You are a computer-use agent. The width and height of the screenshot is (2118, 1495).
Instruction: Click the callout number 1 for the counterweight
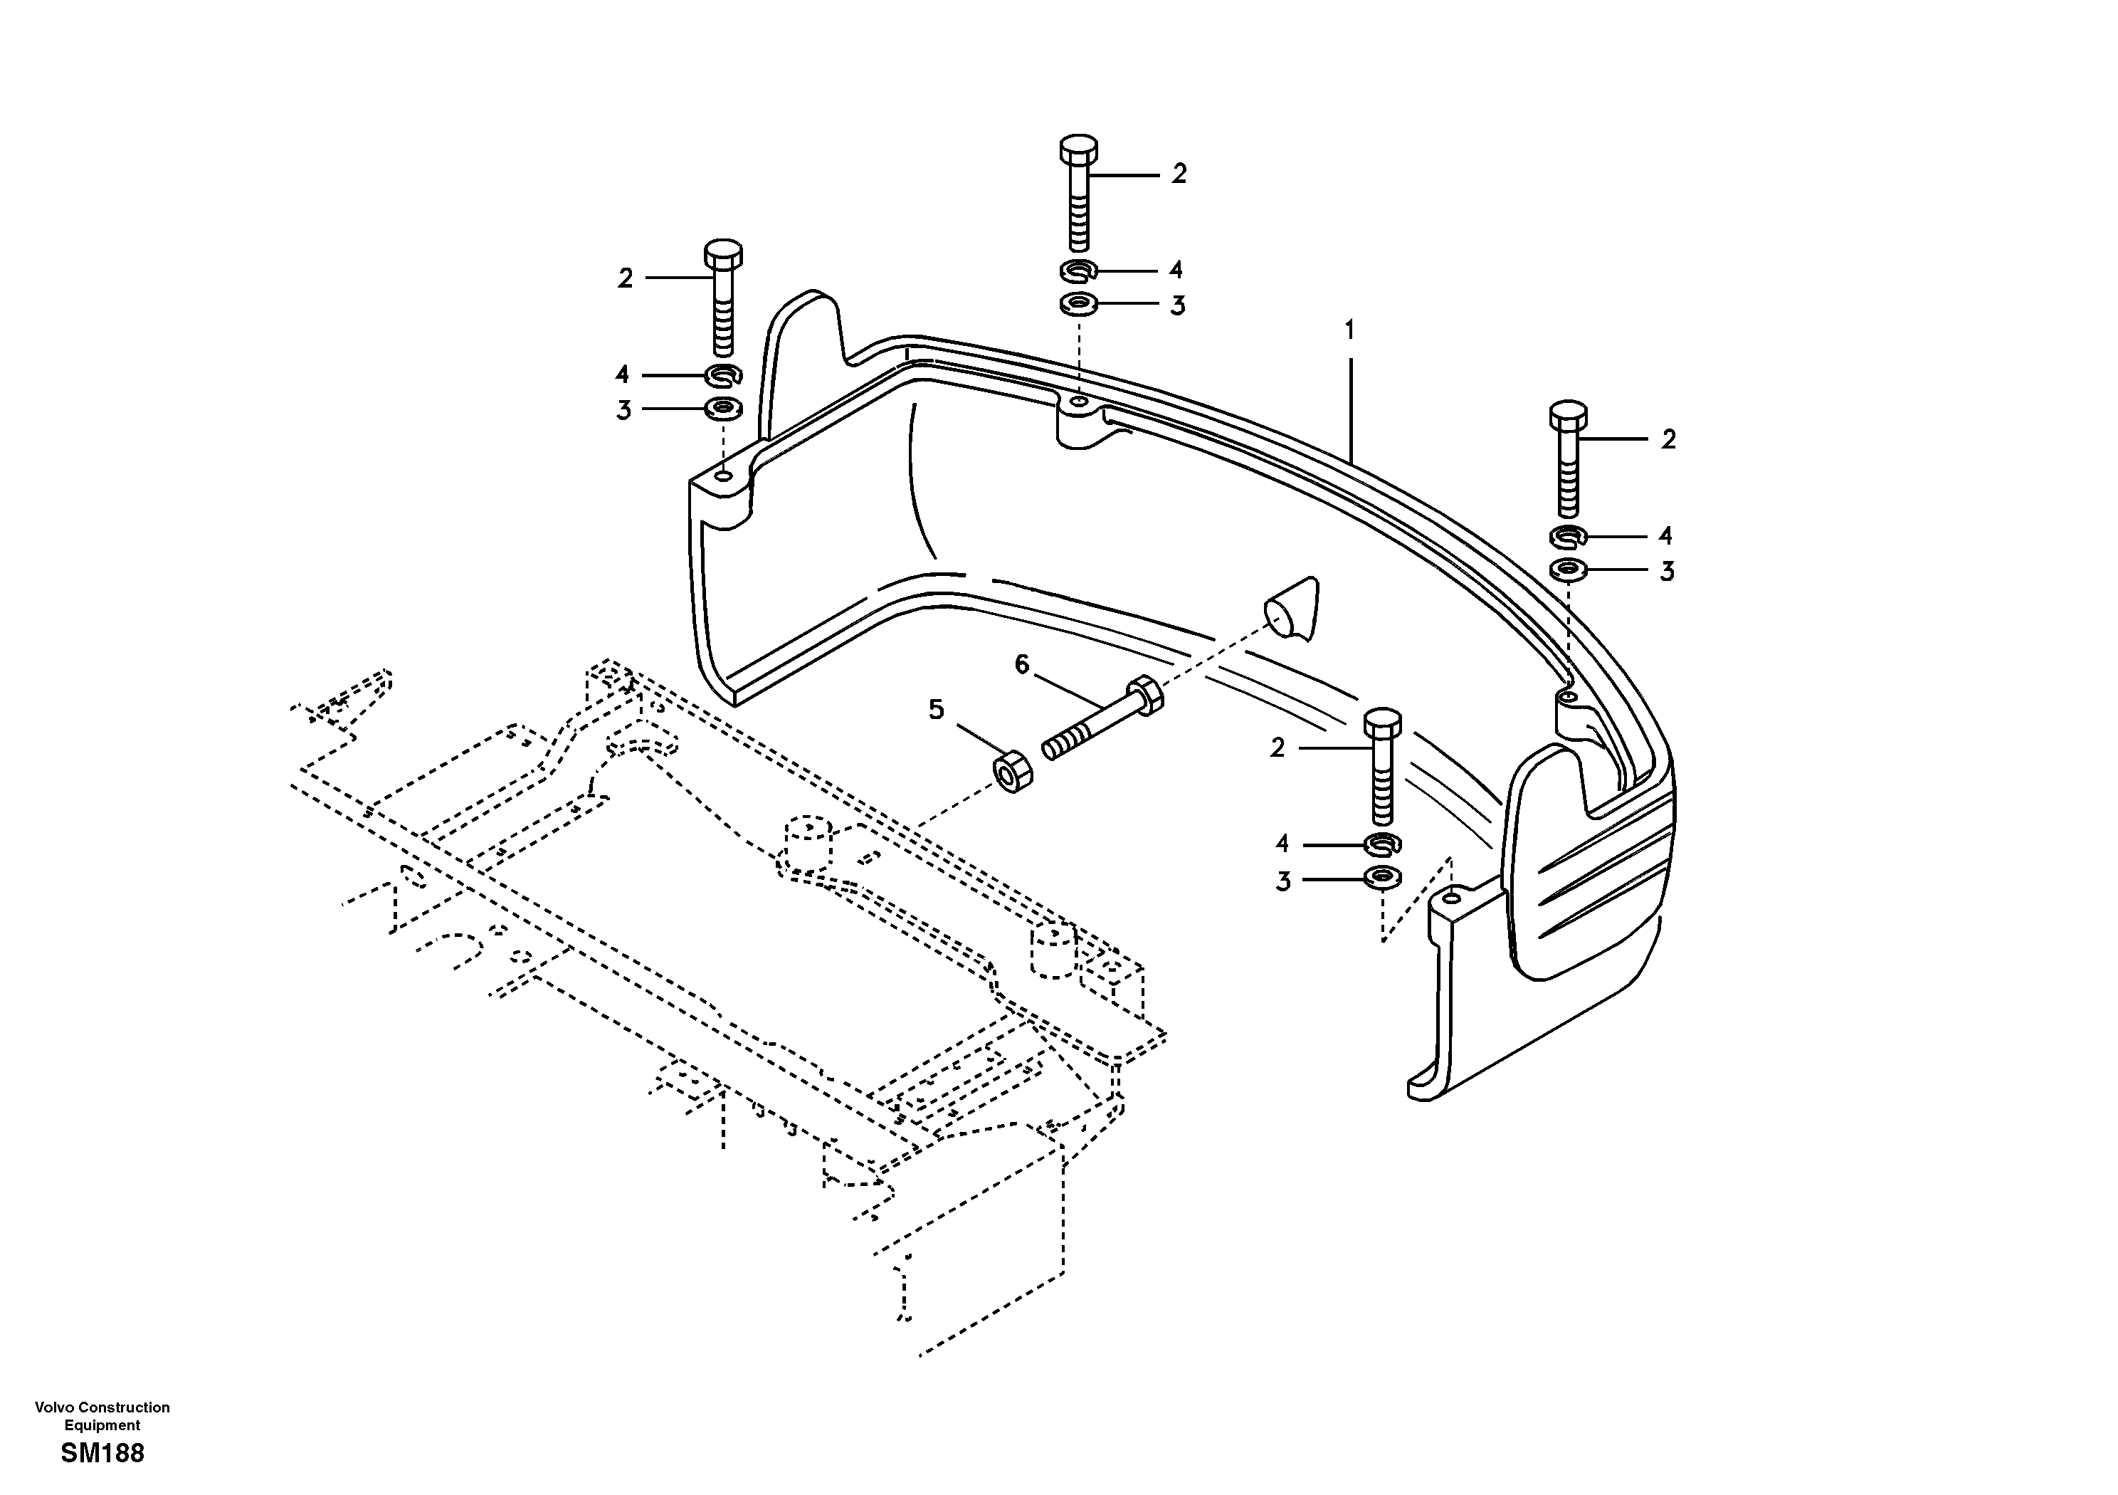(1349, 330)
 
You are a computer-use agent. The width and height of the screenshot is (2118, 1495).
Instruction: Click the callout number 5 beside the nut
(937, 710)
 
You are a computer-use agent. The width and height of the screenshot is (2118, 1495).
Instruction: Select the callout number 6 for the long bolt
(1021, 664)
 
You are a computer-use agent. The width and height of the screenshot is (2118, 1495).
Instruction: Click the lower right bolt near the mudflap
(1382, 766)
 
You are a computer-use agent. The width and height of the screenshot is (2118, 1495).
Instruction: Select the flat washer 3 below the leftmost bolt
(724, 407)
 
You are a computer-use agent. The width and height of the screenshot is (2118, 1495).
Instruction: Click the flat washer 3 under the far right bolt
(1567, 570)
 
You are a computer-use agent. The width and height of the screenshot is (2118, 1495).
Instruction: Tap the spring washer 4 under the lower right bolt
(1382, 843)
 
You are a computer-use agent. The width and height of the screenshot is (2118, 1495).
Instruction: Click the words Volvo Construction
(102, 1407)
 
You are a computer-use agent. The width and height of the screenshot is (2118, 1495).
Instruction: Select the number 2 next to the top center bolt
(1179, 174)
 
